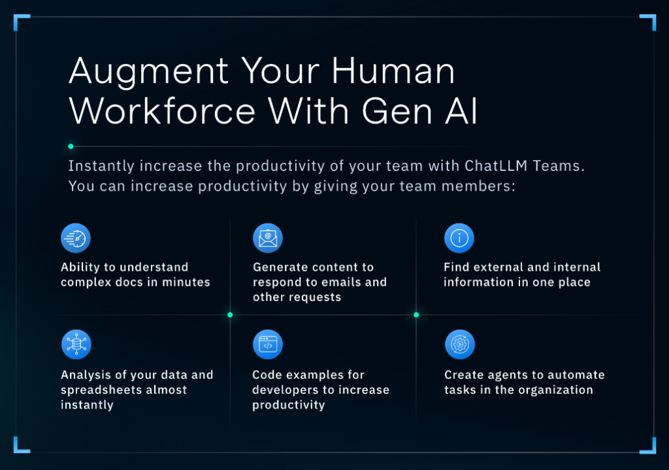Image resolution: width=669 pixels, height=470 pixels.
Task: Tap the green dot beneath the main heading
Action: click(71, 146)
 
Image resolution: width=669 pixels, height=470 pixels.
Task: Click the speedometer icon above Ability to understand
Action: click(76, 238)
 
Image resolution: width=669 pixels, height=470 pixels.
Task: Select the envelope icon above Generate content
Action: click(268, 238)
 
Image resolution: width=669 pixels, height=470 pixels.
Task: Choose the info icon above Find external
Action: click(459, 238)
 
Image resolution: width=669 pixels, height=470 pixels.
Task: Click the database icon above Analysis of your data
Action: click(76, 344)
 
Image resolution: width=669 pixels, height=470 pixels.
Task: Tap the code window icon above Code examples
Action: click(268, 344)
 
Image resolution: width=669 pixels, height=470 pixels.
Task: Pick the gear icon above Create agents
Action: click(459, 344)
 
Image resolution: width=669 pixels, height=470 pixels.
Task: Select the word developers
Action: click(284, 390)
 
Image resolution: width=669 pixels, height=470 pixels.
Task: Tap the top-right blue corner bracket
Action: click(649, 21)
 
